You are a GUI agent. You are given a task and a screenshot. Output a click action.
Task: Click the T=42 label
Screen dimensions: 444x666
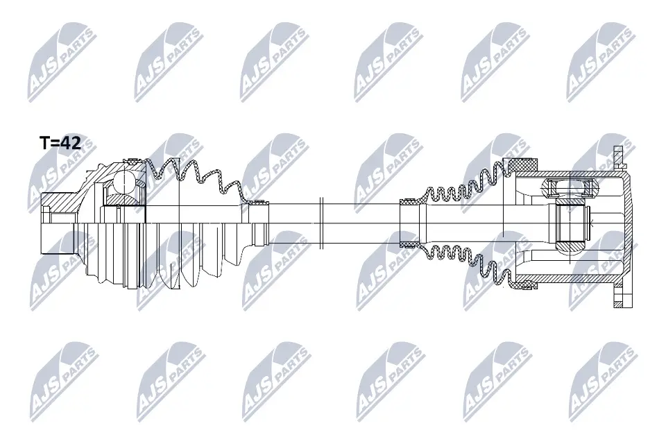click(60, 144)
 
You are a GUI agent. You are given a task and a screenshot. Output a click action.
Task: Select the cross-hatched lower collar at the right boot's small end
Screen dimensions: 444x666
click(410, 244)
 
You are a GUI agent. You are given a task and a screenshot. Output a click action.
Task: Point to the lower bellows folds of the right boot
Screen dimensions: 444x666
click(458, 264)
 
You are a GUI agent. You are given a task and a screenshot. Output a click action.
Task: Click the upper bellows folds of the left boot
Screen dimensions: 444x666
click(194, 173)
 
